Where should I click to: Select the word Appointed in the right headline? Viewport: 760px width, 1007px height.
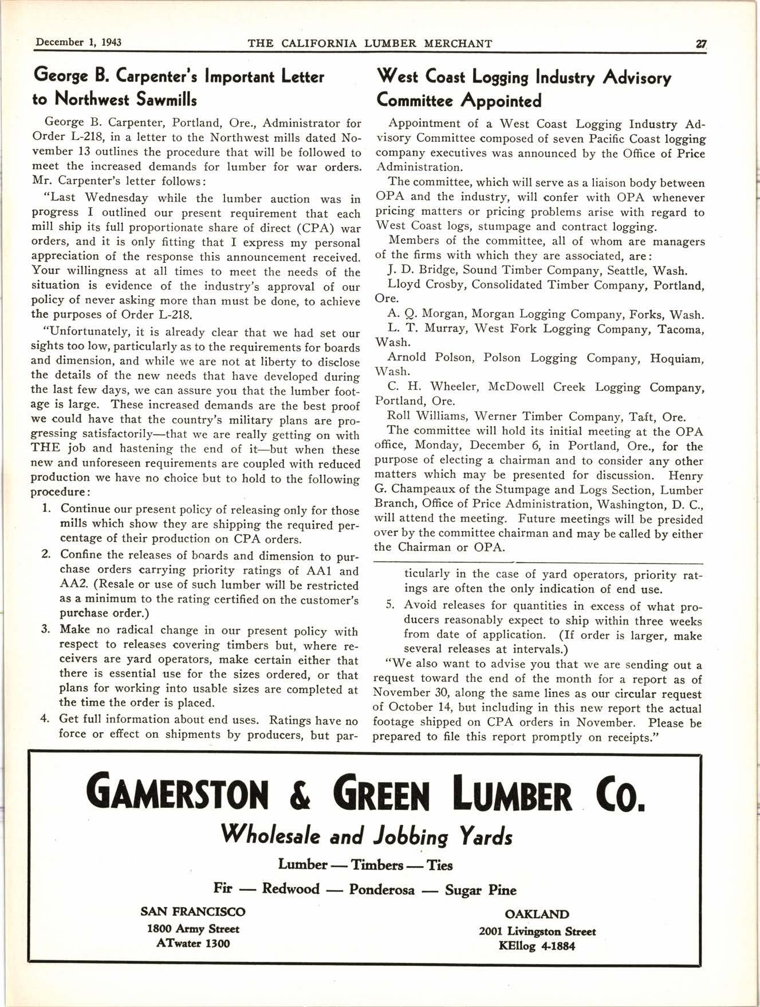502,101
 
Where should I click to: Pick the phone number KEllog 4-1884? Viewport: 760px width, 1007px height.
537,946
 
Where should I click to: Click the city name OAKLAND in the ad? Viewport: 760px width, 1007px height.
537,915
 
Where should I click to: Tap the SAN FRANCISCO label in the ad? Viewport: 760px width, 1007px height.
193,912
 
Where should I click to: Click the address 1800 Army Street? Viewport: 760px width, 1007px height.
193,929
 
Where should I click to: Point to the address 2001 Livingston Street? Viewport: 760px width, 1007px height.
537,931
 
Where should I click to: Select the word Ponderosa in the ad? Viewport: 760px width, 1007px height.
381,890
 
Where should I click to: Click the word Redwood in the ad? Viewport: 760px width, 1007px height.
290,889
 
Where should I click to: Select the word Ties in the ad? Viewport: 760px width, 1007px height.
440,864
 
